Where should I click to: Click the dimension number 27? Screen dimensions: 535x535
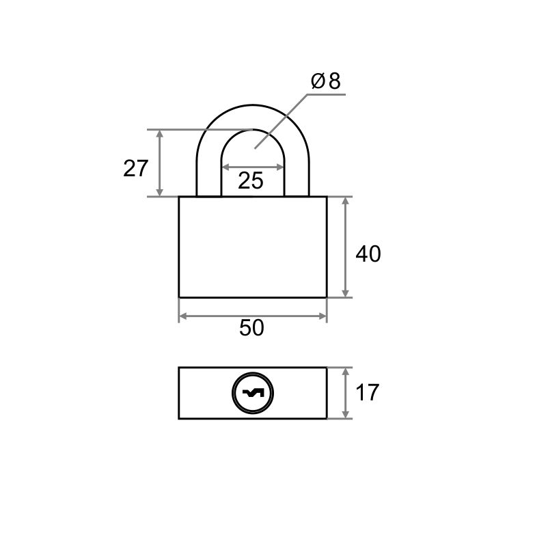tap(135, 168)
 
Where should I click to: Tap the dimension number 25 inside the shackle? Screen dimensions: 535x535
tap(251, 180)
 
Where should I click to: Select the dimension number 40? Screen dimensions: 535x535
tap(368, 254)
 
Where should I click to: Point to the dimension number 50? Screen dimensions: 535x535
tap(251, 327)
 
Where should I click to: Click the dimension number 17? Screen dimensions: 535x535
tap(367, 392)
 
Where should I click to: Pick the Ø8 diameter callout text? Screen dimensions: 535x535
tap(326, 81)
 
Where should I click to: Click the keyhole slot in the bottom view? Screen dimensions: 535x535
tap(253, 393)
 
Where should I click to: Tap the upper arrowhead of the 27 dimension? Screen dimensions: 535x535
tap(159, 133)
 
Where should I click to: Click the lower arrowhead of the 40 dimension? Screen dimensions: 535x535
tap(345, 293)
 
